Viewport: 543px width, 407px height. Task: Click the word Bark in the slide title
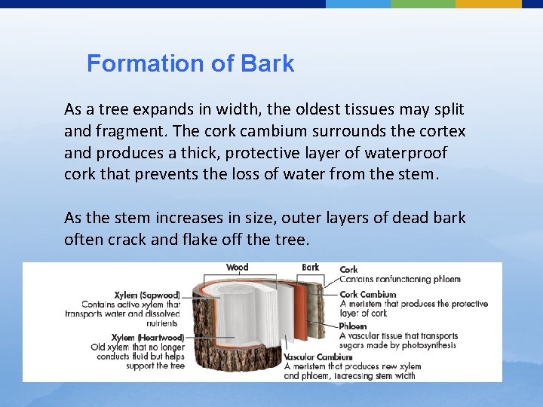pos(268,63)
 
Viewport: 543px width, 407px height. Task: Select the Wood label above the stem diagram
pos(237,268)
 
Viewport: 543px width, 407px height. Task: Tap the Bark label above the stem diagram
pos(310,267)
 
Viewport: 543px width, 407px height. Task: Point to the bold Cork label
pos(349,269)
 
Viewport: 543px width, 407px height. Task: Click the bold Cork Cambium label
pos(367,295)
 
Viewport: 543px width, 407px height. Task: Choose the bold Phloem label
pos(353,326)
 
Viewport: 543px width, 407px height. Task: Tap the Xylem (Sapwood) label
pos(147,295)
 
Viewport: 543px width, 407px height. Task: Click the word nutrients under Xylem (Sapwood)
pos(163,323)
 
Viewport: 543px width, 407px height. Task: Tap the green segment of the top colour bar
pos(423,4)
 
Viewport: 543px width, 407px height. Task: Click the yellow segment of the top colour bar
pos(488,4)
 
